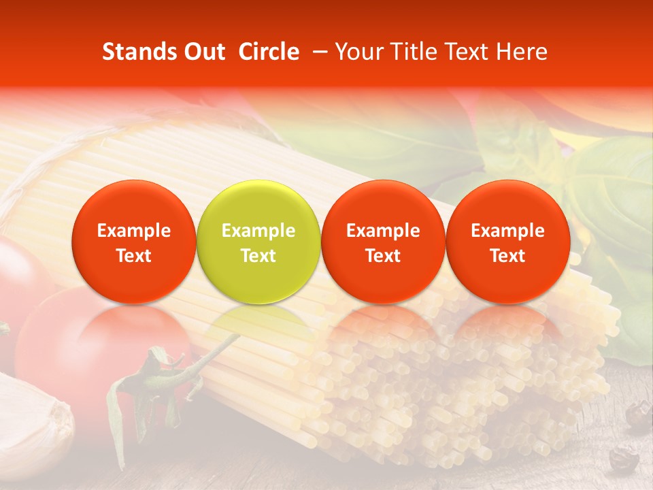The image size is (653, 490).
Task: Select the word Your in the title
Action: coord(358,52)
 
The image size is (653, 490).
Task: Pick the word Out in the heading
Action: coord(204,52)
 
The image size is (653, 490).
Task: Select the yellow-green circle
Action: coord(258,204)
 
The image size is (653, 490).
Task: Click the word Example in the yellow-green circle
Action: coord(258,231)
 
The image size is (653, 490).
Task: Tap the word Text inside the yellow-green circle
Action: coord(258,256)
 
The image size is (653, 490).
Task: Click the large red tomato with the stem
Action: coord(82,347)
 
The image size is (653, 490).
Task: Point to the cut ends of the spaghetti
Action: coord(435,395)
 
